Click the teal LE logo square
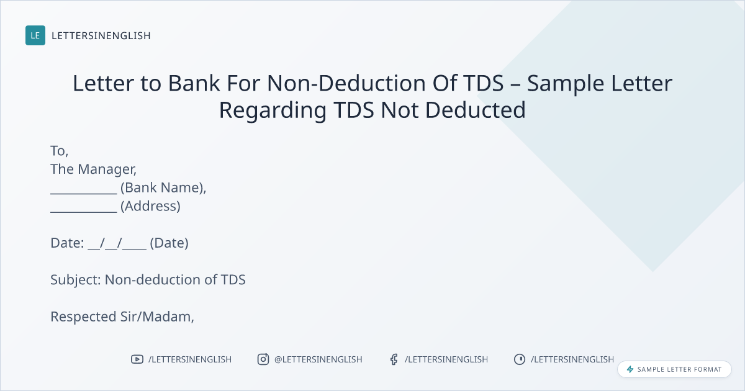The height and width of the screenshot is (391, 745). click(x=35, y=35)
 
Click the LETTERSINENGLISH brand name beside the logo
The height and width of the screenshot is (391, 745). click(x=101, y=35)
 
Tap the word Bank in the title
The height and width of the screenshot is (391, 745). click(x=194, y=83)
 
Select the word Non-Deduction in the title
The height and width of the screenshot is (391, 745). click(x=346, y=83)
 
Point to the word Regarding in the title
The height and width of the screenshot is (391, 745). click(x=273, y=111)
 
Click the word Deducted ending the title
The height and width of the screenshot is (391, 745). click(x=476, y=110)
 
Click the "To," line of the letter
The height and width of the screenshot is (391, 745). click(x=60, y=151)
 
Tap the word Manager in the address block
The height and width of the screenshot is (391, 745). click(x=107, y=170)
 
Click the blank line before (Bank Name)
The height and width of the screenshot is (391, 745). click(x=84, y=193)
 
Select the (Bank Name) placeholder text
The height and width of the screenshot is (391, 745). click(x=163, y=188)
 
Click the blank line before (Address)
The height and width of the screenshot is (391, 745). click(x=84, y=212)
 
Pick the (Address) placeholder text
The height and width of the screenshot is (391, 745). click(x=150, y=206)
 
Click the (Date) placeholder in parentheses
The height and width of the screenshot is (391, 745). click(x=169, y=243)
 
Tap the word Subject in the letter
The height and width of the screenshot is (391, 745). click(x=76, y=281)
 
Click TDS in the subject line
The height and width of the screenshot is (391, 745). click(x=233, y=280)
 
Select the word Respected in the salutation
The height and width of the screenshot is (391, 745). click(x=83, y=317)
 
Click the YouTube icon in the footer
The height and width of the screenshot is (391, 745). click(x=137, y=359)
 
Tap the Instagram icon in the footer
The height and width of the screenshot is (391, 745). click(x=263, y=359)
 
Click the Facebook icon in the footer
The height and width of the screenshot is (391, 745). click(x=394, y=359)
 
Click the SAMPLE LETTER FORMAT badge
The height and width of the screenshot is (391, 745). click(x=674, y=369)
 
